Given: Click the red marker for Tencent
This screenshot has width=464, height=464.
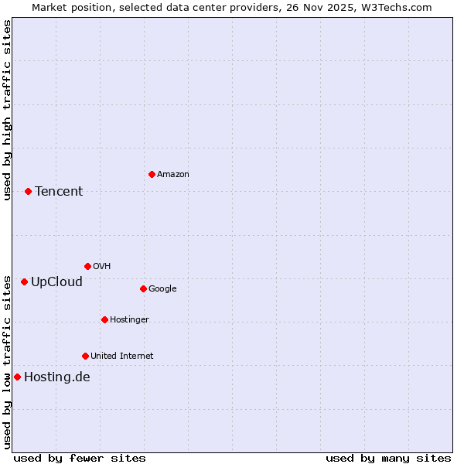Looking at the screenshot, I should pyautogui.click(x=28, y=191).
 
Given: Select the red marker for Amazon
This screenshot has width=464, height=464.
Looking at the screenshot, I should pyautogui.click(x=152, y=174).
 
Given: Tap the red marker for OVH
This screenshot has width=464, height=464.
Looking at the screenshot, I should pyautogui.click(x=87, y=266).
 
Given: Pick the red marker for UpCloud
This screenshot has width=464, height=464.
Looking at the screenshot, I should pyautogui.click(x=24, y=281).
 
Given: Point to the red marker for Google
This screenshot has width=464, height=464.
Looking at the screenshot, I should pyautogui.click(x=143, y=288).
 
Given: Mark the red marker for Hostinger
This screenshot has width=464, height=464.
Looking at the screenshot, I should pyautogui.click(x=104, y=319).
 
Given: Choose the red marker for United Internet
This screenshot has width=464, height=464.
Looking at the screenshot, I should pyautogui.click(x=85, y=356).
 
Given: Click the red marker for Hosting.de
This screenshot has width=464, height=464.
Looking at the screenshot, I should pyautogui.click(x=17, y=377).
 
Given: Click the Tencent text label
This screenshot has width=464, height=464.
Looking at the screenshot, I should pyautogui.click(x=59, y=191).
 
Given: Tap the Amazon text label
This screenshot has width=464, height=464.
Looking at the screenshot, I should pyautogui.click(x=173, y=174).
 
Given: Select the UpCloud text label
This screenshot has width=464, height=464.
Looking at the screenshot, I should pyautogui.click(x=56, y=281).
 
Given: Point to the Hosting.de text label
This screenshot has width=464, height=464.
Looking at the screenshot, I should pyautogui.click(x=57, y=377).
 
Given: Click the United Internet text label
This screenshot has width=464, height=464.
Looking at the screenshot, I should pyautogui.click(x=122, y=356).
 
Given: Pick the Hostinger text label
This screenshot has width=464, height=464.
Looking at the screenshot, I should pyautogui.click(x=129, y=319).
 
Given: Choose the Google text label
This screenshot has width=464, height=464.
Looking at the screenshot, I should pyautogui.click(x=162, y=288).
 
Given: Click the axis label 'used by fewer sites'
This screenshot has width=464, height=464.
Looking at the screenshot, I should pyautogui.click(x=80, y=458).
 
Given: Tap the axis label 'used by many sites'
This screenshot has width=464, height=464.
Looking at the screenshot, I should pyautogui.click(x=388, y=458).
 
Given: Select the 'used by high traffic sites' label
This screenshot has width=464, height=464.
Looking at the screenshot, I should pyautogui.click(x=7, y=110).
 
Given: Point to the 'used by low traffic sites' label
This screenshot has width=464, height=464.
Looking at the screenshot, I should pyautogui.click(x=7, y=361).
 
